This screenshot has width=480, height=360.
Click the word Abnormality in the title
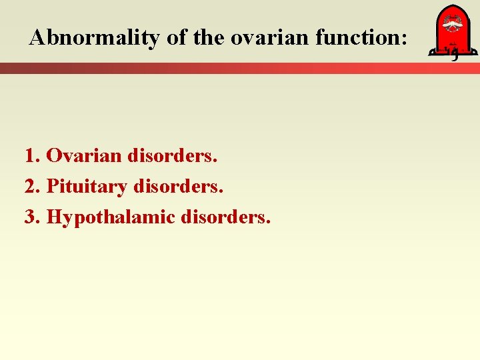[x=95, y=38]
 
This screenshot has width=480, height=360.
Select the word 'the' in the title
[x=209, y=38]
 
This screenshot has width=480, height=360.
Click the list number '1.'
[x=33, y=156]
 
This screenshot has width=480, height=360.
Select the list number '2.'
[x=33, y=187]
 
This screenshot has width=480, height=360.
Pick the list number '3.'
[x=33, y=217]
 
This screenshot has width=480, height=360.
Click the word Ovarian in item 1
[x=84, y=156]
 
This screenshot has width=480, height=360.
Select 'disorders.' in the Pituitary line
[x=178, y=187]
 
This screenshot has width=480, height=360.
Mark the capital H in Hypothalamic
[x=55, y=217]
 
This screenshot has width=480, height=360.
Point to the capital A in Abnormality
[x=37, y=38]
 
